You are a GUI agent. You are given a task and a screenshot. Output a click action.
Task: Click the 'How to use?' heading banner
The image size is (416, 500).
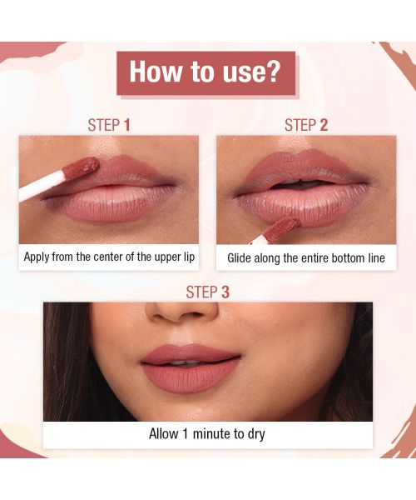tap(206, 72)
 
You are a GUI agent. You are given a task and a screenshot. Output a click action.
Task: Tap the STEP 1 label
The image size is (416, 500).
tap(109, 126)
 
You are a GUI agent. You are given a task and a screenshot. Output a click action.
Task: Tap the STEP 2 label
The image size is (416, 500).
tap(305, 126)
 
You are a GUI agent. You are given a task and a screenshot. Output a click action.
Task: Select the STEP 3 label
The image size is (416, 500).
tap(207, 292)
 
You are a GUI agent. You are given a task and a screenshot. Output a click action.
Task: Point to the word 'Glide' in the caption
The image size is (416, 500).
tap(242, 258)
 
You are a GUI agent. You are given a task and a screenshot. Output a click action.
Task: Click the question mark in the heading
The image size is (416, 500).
tap(276, 72)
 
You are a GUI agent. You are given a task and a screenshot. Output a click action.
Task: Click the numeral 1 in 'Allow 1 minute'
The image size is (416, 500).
tap(186, 434)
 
